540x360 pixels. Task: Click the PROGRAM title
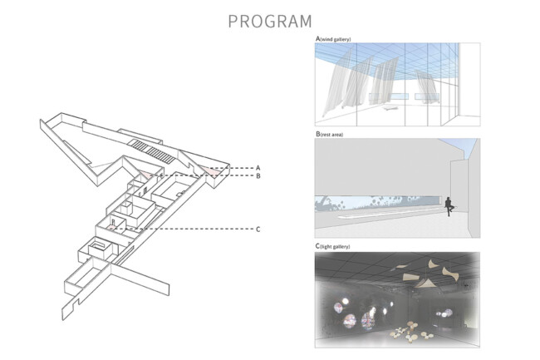point(270,22)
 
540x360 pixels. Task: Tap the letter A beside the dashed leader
point(258,168)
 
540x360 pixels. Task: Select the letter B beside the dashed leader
point(258,176)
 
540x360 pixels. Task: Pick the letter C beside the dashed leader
point(258,229)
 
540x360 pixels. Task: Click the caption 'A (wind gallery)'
point(333,39)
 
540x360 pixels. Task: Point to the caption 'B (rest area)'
point(329,135)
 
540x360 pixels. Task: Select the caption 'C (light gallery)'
point(332,246)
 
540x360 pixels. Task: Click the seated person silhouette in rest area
point(449,206)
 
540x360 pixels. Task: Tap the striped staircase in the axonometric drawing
point(151,150)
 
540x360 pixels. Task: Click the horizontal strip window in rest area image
point(378,203)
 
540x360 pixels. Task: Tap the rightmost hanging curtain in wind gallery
point(426,86)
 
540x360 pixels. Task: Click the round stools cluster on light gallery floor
point(410,332)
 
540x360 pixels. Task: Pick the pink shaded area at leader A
point(212,170)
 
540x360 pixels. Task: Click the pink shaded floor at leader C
point(110,228)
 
